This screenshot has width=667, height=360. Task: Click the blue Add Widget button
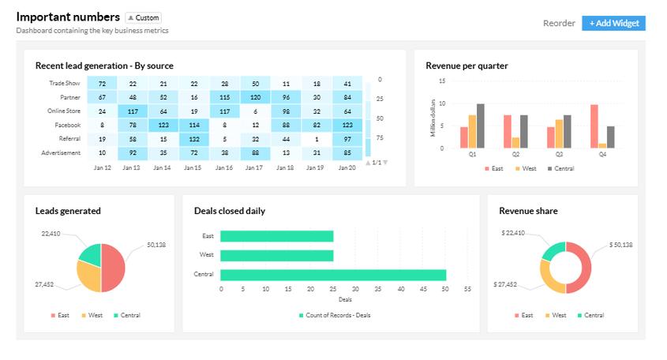tap(613, 23)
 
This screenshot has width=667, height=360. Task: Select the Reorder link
tap(559, 23)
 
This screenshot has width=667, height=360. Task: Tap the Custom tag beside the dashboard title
tap(144, 18)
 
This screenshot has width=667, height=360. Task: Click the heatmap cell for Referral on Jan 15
tap(194, 139)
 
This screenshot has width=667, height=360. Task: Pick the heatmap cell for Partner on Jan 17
tap(255, 97)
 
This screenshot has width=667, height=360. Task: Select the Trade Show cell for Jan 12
tap(102, 84)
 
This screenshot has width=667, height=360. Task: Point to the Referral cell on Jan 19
tap(317, 139)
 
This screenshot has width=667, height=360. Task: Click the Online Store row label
tap(64, 111)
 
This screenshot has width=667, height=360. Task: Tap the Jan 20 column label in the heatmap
tap(347, 167)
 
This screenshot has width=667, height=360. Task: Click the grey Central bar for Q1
tap(480, 126)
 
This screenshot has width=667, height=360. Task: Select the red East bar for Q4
tap(594, 126)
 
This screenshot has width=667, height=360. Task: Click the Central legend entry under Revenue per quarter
tap(560, 168)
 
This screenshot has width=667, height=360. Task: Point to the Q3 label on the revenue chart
tap(559, 154)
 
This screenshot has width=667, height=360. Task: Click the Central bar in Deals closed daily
tap(333, 275)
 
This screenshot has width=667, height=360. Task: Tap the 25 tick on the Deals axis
tap(332, 289)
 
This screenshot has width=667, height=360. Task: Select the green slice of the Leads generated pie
tap(91, 254)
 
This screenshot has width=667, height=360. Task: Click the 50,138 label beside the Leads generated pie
tap(156, 245)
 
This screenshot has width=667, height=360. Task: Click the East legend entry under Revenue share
tap(523, 315)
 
